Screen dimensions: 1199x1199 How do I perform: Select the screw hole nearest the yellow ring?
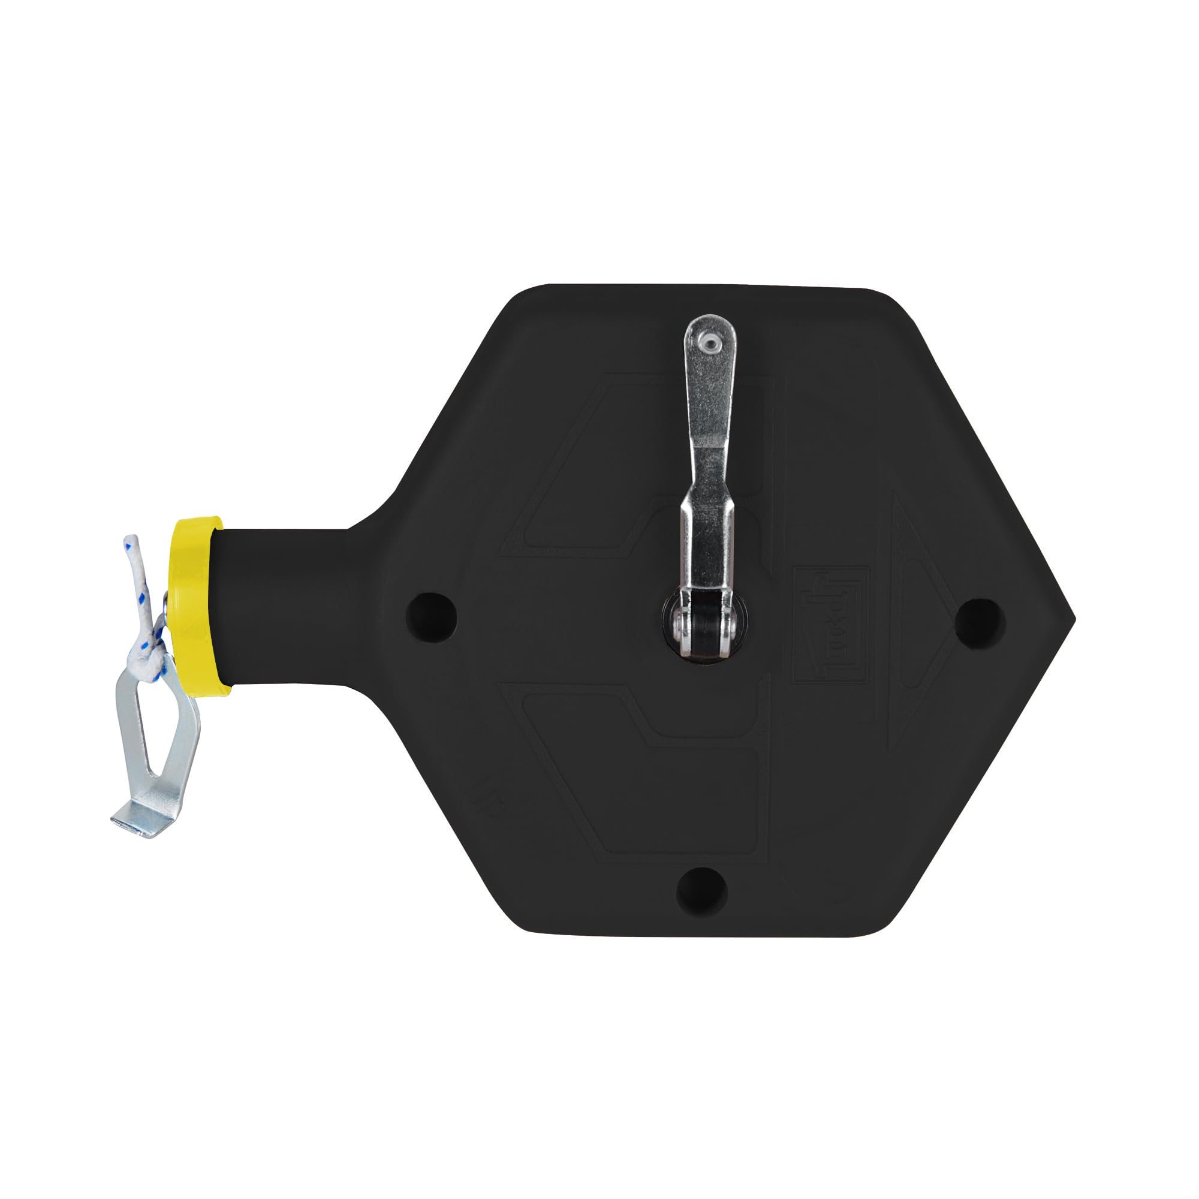pos(430,617)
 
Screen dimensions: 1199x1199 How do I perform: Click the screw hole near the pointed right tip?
pos(980,622)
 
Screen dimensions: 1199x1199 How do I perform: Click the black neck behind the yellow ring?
pos(279,608)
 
